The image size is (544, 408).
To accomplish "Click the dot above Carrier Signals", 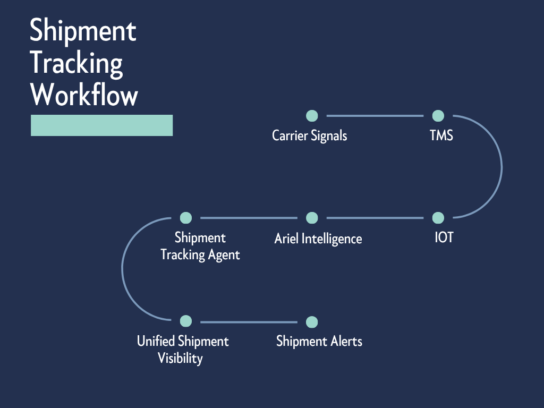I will (312, 116).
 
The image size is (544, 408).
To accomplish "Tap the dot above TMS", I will (438, 116).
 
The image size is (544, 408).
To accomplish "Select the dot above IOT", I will (438, 218).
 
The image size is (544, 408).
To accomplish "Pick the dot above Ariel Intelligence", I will (312, 218).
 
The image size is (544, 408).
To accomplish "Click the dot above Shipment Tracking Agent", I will (186, 218).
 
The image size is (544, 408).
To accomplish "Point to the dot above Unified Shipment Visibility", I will (186, 321).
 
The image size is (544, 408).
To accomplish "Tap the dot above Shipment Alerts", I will (312, 322).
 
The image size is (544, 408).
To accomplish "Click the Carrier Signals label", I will (310, 135).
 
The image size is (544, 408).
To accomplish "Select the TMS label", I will (441, 135).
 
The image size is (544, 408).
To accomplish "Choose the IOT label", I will (444, 237).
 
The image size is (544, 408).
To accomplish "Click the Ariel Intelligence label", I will (318, 239).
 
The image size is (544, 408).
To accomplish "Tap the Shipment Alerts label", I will (319, 341).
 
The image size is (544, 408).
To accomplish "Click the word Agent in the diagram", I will (224, 255).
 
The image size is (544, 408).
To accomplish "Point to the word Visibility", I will (180, 358).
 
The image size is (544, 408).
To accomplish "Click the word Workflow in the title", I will (84, 96).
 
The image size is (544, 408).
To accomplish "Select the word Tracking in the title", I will (76, 64).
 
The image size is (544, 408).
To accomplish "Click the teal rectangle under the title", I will (102, 125).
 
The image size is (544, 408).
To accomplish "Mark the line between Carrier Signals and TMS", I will (375, 116).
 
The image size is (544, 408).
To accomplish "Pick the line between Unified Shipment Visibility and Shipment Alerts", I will (249, 322).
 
